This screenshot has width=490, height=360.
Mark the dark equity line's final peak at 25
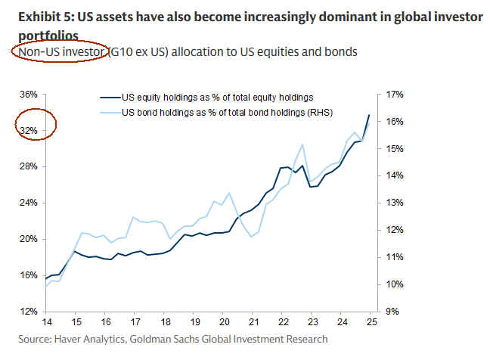coord(368,115)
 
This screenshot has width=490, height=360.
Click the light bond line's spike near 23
coord(302,144)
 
